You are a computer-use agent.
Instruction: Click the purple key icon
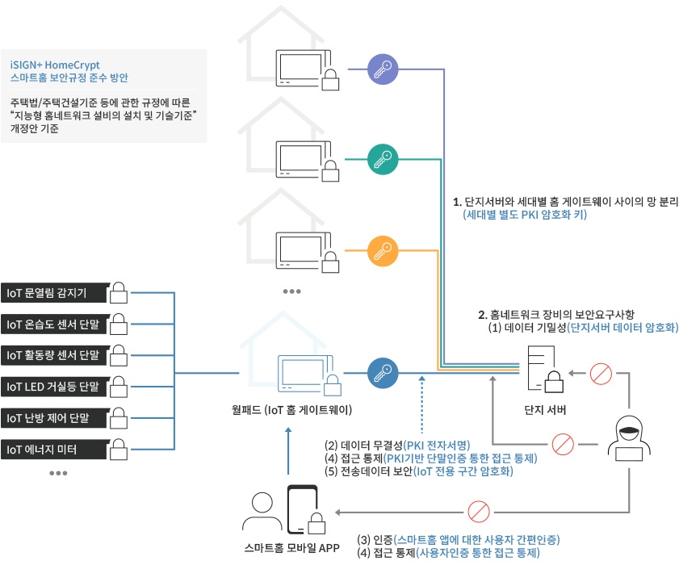click(382, 69)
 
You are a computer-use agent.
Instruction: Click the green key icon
click(382, 159)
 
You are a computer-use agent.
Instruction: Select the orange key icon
click(382, 251)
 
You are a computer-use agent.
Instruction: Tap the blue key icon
click(382, 373)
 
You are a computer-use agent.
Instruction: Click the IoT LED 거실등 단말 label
click(52, 387)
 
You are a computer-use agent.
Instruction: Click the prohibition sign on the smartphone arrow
click(480, 511)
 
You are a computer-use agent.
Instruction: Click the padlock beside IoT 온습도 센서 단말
click(119, 324)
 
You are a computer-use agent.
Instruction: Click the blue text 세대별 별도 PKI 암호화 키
click(524, 216)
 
